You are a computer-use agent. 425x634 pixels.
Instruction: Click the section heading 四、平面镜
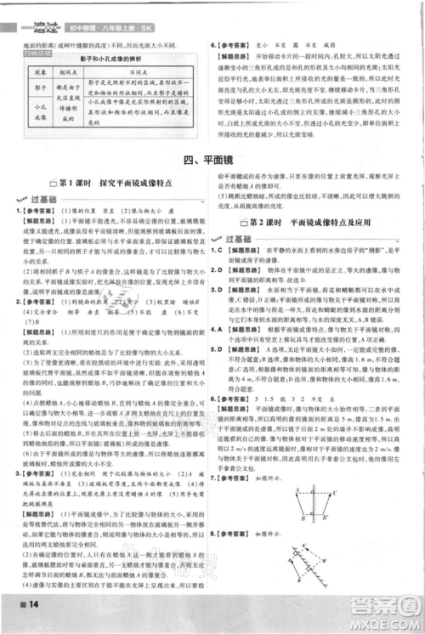[x=211, y=159]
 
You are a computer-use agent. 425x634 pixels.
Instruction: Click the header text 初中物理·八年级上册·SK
[x=94, y=11]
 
